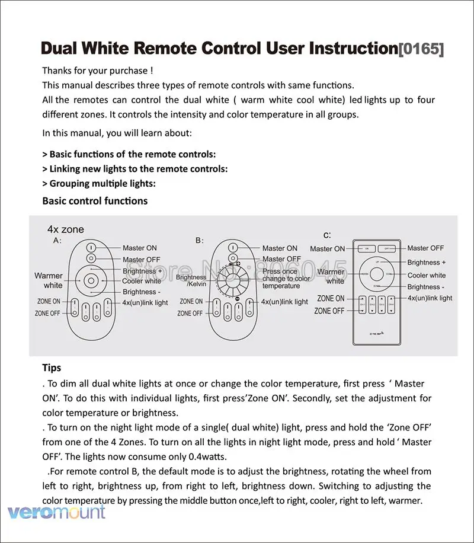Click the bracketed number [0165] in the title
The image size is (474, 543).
pos(420,49)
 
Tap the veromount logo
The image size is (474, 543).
pos(56,512)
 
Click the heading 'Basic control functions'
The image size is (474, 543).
pos(95,201)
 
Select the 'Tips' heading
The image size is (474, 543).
pos(52,368)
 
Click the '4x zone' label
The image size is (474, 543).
pos(66,229)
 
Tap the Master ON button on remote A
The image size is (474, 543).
pos(91,248)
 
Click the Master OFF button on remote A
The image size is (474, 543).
pos(91,259)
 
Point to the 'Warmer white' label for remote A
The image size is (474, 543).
pos(49,280)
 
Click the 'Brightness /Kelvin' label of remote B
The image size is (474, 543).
pos(191,280)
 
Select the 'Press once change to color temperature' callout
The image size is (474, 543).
pos(286,279)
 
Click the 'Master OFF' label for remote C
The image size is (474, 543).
pos(425,248)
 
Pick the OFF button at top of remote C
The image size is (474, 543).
pos(387,248)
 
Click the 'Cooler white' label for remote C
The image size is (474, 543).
pos(427,275)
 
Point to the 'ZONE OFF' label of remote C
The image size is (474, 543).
pos(329,311)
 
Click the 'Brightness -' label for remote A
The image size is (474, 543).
pos(142,292)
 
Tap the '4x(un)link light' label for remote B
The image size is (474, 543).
pos(284,302)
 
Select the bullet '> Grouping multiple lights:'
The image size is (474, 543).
pos(99,184)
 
